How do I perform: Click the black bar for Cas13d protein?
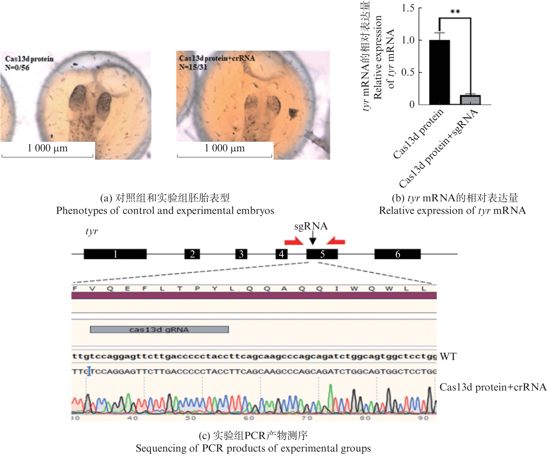[x=439, y=72]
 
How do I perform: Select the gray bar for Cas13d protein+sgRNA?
[x=470, y=100]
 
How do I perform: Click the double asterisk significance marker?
[x=455, y=12]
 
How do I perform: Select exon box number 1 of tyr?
[x=115, y=254]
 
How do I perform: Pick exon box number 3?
[x=241, y=254]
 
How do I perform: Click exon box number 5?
[x=322, y=254]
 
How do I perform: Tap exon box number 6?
[x=397, y=254]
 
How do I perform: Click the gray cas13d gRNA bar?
[x=159, y=329]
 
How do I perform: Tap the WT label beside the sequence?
[x=448, y=357]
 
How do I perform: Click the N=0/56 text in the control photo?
[x=17, y=67]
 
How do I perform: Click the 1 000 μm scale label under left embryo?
[x=47, y=148]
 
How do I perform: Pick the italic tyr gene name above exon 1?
[x=92, y=232]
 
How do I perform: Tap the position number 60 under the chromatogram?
[x=249, y=418]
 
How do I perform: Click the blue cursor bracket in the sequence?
[x=89, y=371]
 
